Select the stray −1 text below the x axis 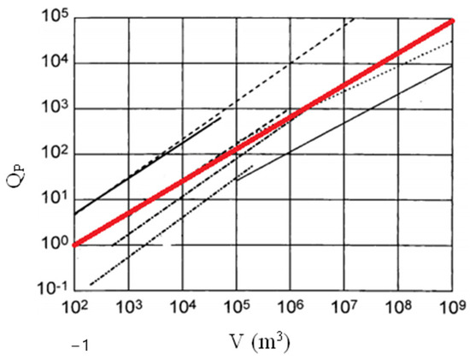click(82, 345)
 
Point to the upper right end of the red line click(450, 21)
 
